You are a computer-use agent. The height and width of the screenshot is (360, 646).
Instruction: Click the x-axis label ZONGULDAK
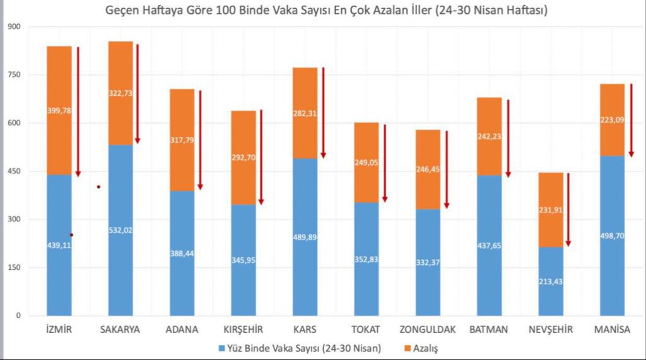point(428,330)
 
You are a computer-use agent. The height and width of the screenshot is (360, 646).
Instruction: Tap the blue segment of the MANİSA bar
point(612,252)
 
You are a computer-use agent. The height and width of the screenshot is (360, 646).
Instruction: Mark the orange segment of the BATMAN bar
point(489,136)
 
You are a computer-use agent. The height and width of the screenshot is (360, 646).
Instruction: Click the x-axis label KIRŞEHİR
point(243,330)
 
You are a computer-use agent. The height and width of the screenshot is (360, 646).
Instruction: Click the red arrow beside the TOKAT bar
point(384,163)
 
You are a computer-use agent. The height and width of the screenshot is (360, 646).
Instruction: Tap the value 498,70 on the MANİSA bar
point(612,236)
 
